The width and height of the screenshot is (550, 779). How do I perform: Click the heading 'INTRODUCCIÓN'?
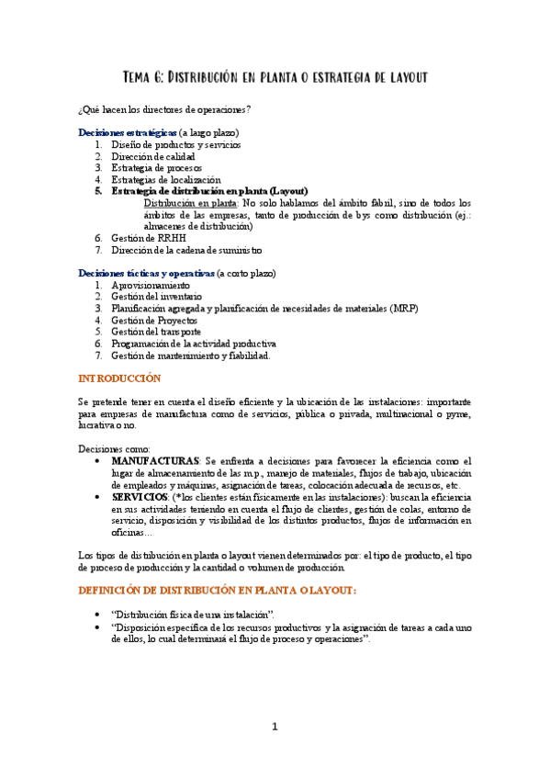click(119, 378)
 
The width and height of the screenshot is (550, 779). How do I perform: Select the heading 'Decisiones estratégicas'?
click(128, 132)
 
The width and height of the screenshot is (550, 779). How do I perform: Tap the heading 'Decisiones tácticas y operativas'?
click(146, 274)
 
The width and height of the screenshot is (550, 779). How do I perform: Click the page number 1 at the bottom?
click(274, 727)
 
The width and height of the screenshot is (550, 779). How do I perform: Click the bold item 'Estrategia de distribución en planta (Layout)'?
click(216, 191)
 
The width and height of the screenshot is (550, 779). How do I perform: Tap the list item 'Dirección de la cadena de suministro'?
click(186, 250)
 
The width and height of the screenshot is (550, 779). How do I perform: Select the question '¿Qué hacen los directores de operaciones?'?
click(165, 110)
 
